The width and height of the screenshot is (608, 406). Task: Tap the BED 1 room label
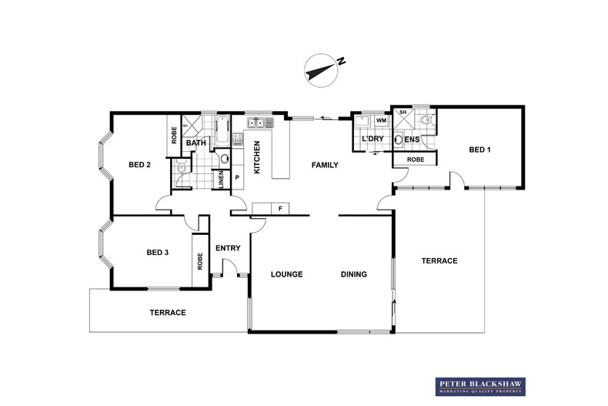(479, 149)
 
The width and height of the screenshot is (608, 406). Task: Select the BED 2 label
(139, 165)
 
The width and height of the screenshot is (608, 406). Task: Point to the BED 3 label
(158, 253)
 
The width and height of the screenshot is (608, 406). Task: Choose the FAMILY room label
(325, 165)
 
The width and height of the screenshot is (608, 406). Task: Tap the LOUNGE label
(286, 274)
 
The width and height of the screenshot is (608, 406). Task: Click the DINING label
(354, 274)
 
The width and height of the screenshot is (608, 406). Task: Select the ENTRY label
(228, 248)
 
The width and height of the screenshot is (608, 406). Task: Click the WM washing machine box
(381, 121)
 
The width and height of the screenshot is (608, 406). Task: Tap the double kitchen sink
(256, 122)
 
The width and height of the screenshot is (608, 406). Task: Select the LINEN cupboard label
(221, 180)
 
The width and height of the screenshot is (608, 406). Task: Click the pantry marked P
(236, 179)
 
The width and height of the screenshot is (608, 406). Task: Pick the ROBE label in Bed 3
(200, 261)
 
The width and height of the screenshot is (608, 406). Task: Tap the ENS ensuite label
(412, 139)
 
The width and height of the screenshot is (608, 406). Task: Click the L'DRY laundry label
(372, 139)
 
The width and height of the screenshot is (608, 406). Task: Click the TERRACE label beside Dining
(439, 261)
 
